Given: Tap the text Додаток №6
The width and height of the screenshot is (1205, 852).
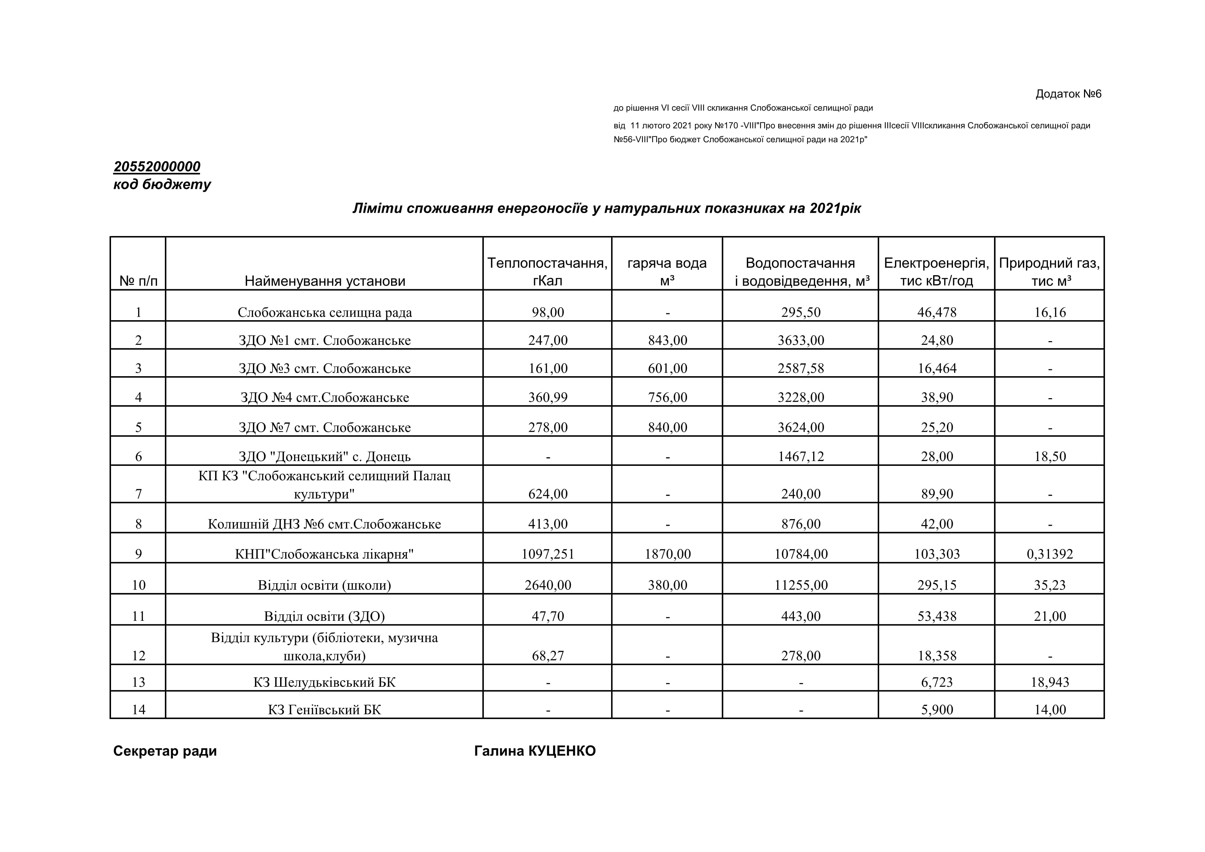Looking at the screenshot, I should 1068,94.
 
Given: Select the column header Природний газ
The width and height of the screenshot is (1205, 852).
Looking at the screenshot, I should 1049,272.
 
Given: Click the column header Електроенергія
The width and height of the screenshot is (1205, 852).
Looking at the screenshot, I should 936,272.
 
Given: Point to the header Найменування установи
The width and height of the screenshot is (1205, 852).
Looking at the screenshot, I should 325,281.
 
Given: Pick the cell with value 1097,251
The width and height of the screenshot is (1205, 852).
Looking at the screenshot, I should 548,554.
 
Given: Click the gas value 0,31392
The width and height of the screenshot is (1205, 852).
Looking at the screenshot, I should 1050,554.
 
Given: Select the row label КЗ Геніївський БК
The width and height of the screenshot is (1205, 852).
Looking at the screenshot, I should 324,710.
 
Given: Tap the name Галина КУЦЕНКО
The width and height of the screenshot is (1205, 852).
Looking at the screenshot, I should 535,751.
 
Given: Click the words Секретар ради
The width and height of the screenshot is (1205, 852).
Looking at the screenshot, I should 165,751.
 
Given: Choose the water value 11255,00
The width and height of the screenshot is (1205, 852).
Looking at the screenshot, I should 801,585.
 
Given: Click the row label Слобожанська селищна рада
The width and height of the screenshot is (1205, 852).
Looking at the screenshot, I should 324,313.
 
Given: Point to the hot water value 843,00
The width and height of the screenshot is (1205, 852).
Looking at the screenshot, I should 667,340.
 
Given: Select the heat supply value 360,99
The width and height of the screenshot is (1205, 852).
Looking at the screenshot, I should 548,397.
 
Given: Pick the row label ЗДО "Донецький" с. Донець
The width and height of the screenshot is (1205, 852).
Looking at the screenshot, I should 324,457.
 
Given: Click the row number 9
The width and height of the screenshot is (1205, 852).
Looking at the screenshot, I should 138,554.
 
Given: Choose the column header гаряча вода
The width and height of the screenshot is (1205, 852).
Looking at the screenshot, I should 667,272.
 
